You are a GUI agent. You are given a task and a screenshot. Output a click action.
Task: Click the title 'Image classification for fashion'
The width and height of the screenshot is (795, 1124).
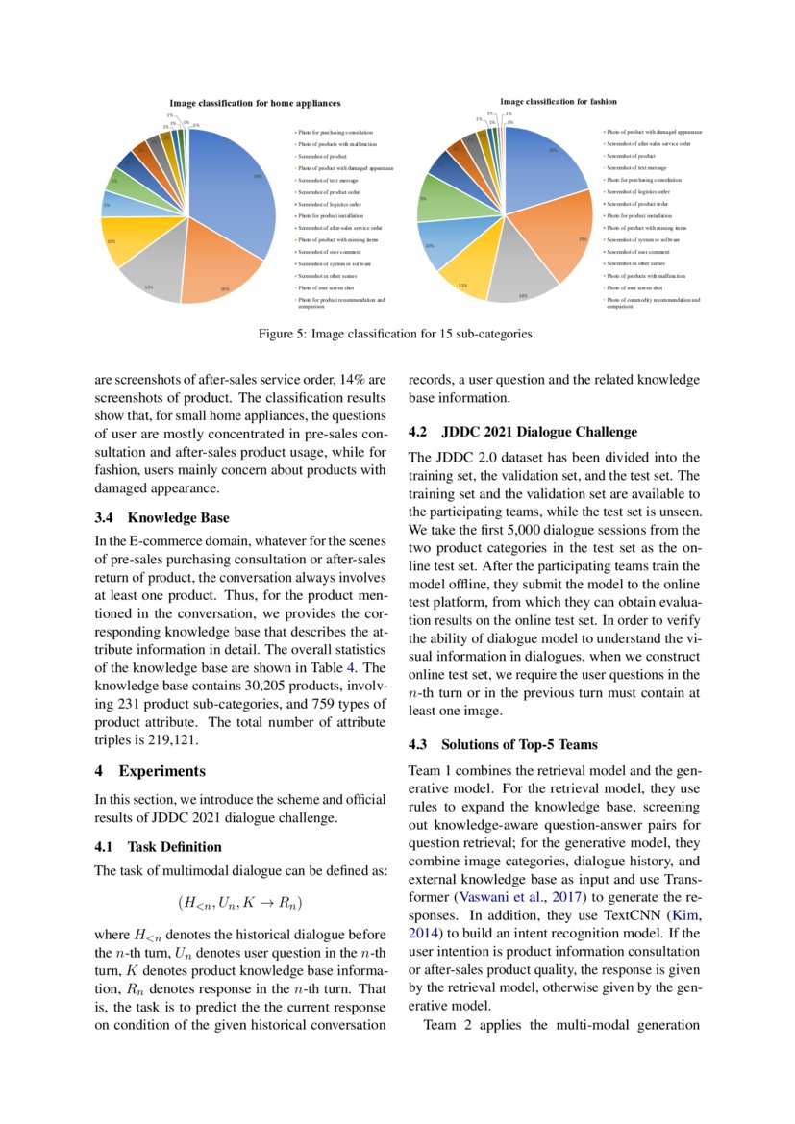(x=559, y=101)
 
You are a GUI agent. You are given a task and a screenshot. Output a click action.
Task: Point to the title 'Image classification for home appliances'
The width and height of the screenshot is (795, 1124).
(x=255, y=103)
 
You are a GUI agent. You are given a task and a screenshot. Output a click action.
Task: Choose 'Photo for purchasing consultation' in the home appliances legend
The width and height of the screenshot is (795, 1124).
(x=335, y=132)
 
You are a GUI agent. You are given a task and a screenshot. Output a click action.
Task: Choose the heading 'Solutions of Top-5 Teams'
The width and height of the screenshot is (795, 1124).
(x=519, y=744)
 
